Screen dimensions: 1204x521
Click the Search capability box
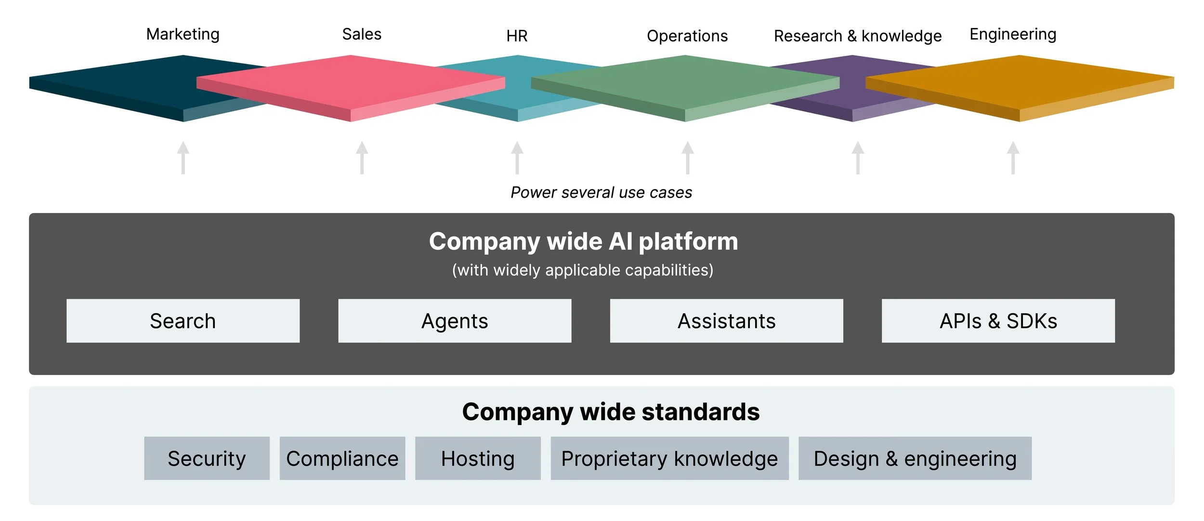tap(183, 321)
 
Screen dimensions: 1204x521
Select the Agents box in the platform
tap(455, 321)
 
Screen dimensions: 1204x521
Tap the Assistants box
tap(726, 321)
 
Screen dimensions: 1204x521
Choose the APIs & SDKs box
tap(998, 321)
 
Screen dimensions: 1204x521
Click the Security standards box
tap(207, 458)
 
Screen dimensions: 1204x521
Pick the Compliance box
tap(342, 458)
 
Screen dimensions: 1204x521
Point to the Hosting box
tap(478, 458)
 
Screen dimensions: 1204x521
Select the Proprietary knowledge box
tap(669, 458)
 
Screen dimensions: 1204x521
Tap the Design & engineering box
tap(915, 458)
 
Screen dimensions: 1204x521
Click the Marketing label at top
tap(183, 34)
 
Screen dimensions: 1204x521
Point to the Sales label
tap(362, 34)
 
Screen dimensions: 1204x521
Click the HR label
tap(517, 36)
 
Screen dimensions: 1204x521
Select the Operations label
tap(687, 36)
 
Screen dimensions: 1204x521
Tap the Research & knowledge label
tap(858, 36)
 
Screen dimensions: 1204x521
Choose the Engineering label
tap(1013, 34)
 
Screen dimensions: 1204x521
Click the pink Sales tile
tap(351, 87)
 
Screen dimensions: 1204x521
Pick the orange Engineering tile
tap(1020, 87)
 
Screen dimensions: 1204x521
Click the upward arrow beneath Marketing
tap(183, 158)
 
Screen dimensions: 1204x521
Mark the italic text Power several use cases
tap(601, 193)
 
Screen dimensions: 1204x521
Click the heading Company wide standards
tap(611, 412)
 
